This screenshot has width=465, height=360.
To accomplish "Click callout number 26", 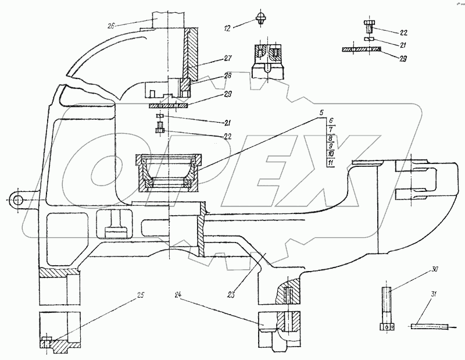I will click(112, 25).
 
